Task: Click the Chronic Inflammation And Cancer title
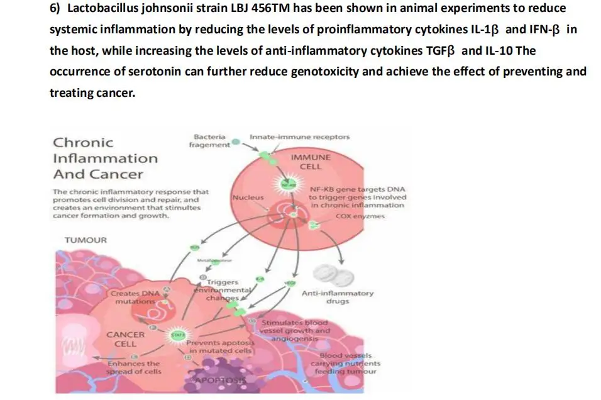(x=104, y=158)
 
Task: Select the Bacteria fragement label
(x=209, y=141)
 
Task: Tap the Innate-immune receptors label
(x=300, y=136)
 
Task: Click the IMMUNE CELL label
(x=311, y=162)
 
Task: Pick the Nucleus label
(x=248, y=197)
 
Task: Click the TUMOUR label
(x=86, y=240)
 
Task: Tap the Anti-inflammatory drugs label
(x=338, y=297)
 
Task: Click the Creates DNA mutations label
(x=135, y=297)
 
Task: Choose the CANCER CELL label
(x=125, y=339)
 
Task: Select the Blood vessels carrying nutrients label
(x=346, y=364)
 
